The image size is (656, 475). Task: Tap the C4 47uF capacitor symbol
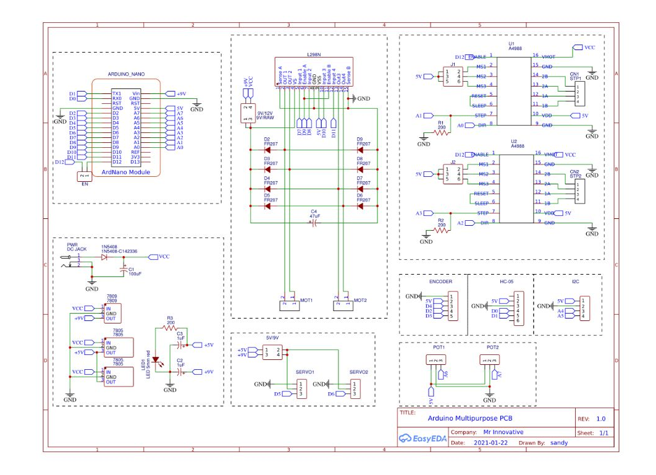314,223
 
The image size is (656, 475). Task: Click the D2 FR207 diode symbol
268,150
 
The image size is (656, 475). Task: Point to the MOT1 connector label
306,300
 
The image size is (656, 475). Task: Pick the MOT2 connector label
360,300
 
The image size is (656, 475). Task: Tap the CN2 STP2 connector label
574,173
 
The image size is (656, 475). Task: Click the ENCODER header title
440,281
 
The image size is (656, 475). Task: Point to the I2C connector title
576,281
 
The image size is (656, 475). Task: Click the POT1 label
439,348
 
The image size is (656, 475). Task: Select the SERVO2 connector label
358,372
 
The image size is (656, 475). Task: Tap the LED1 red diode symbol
157,359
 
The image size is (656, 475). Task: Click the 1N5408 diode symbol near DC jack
104,257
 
